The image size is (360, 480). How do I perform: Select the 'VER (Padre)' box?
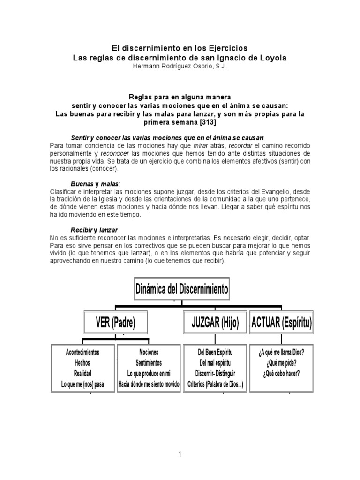click(x=116, y=322)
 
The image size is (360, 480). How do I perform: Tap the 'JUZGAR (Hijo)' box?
click(x=215, y=322)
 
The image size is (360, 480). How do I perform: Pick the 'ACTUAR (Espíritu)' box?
click(x=282, y=322)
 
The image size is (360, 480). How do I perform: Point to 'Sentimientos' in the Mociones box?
click(x=149, y=363)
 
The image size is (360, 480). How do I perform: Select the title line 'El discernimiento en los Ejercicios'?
click(x=180, y=48)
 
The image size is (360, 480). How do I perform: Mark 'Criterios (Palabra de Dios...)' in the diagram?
click(x=216, y=384)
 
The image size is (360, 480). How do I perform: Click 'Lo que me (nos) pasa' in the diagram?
click(x=82, y=384)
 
